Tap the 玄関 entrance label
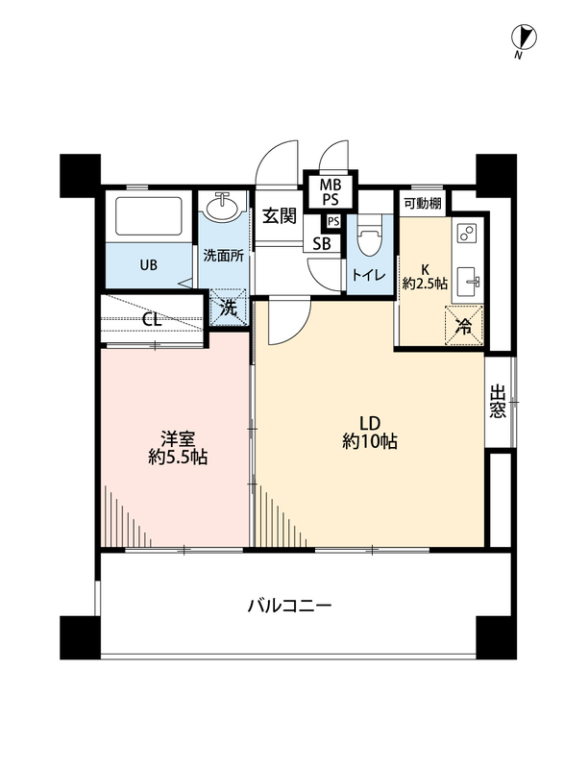coord(280,215)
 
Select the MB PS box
coord(331,191)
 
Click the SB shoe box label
coord(322,244)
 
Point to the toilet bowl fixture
coord(370,238)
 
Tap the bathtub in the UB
coord(149,216)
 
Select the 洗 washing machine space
coord(228,308)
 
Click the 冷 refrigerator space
coord(463,326)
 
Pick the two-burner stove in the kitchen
coord(467,234)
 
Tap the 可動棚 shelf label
coord(423,204)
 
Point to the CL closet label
coord(152,320)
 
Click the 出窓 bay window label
coord(497,402)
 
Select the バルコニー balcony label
coord(289,607)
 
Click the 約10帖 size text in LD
coord(370,441)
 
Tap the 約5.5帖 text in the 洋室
coord(178,457)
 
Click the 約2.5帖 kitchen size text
coord(425,283)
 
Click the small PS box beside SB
coord(333,222)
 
